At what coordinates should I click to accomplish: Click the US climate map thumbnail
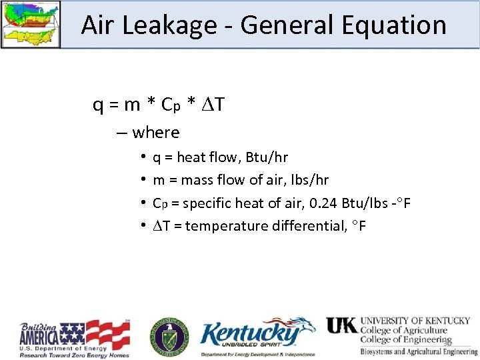point(31,23)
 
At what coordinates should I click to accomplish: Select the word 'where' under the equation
point(156,133)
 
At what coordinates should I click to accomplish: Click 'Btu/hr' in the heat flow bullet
point(267,157)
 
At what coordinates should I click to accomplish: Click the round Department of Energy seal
point(169,335)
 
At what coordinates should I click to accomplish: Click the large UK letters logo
point(342,325)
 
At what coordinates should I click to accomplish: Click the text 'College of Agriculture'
point(404,330)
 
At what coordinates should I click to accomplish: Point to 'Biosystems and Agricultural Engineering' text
point(419,351)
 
